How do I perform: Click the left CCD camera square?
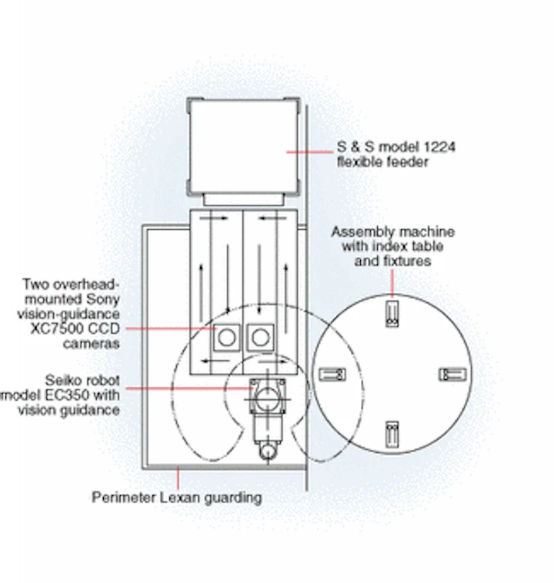pyautogui.click(x=226, y=337)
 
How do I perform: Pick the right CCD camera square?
pyautogui.click(x=260, y=337)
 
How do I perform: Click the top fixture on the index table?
pyautogui.click(x=392, y=314)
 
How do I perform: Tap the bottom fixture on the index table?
pyautogui.click(x=392, y=434)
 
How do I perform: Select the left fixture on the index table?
pyautogui.click(x=332, y=374)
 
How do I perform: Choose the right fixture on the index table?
pyautogui.click(x=452, y=375)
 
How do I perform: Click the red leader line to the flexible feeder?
pyautogui.click(x=309, y=152)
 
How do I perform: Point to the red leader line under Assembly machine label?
pyautogui.click(x=392, y=283)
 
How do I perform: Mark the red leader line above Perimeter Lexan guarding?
pyautogui.click(x=178, y=478)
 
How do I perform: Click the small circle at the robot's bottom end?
pyautogui.click(x=268, y=451)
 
